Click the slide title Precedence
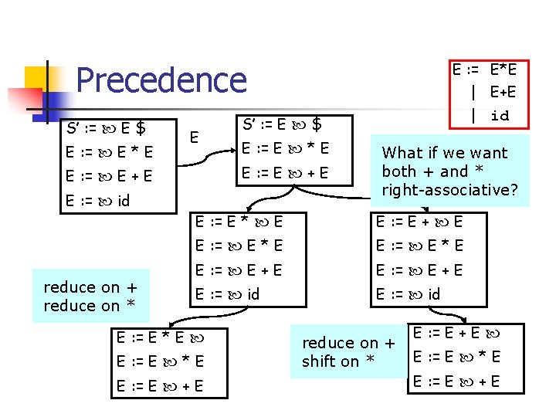[x=161, y=80]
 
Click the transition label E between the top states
[x=195, y=137]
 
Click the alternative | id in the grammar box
[x=491, y=116]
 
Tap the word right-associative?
[x=449, y=190]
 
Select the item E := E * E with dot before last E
[x=239, y=222]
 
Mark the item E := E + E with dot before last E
[x=419, y=222]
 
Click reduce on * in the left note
[x=90, y=306]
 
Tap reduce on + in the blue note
[x=348, y=343]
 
